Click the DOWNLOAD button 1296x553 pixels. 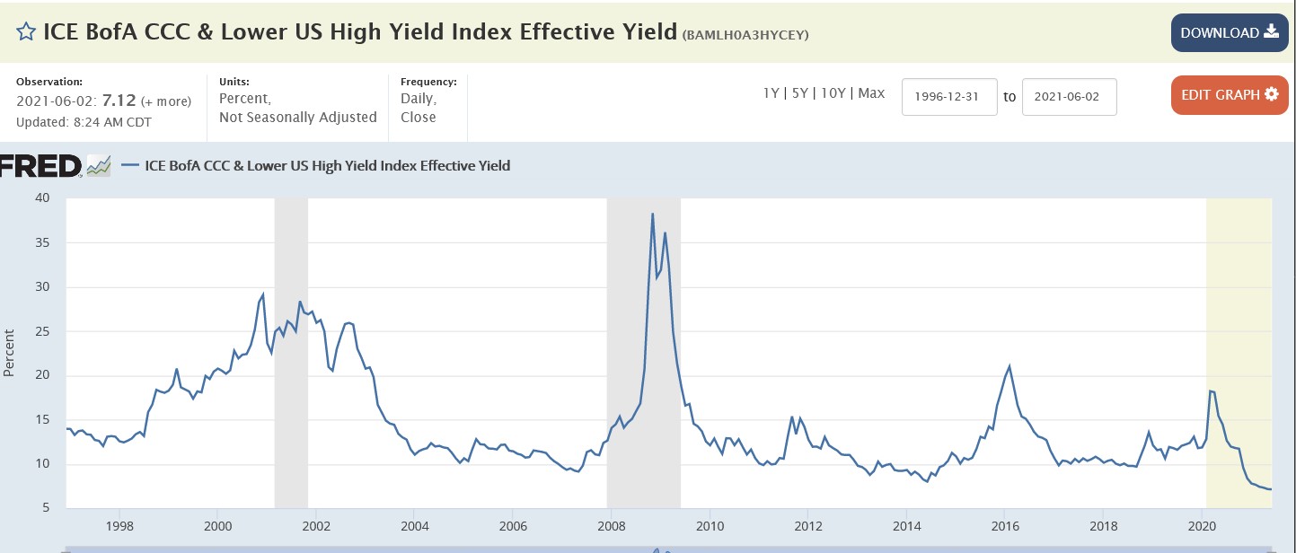[x=1229, y=33]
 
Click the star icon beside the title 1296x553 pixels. [x=26, y=32]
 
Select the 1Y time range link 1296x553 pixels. [x=771, y=93]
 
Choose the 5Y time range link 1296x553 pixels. [x=799, y=93]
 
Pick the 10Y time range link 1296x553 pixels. [x=833, y=93]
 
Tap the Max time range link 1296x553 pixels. [x=871, y=93]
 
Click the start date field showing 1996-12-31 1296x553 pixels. [x=949, y=96]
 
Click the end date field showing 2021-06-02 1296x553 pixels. [x=1069, y=96]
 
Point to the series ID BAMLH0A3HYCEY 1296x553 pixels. [x=746, y=35]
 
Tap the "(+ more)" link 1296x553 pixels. [x=166, y=101]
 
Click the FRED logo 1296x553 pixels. [x=41, y=165]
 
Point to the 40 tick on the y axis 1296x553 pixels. [x=43, y=198]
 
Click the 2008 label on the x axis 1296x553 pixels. [x=611, y=525]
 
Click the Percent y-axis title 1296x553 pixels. [x=9, y=354]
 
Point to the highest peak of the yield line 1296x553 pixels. [x=652, y=214]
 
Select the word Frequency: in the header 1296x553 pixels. [x=428, y=82]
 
